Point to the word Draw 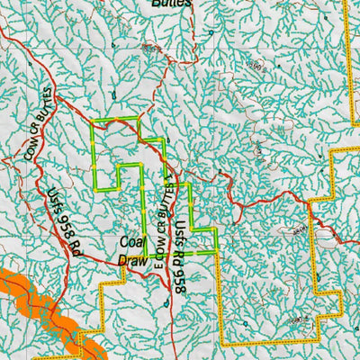[133, 259]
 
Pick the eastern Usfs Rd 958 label [183, 256]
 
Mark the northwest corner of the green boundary [94, 120]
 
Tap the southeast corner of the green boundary [218, 253]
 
